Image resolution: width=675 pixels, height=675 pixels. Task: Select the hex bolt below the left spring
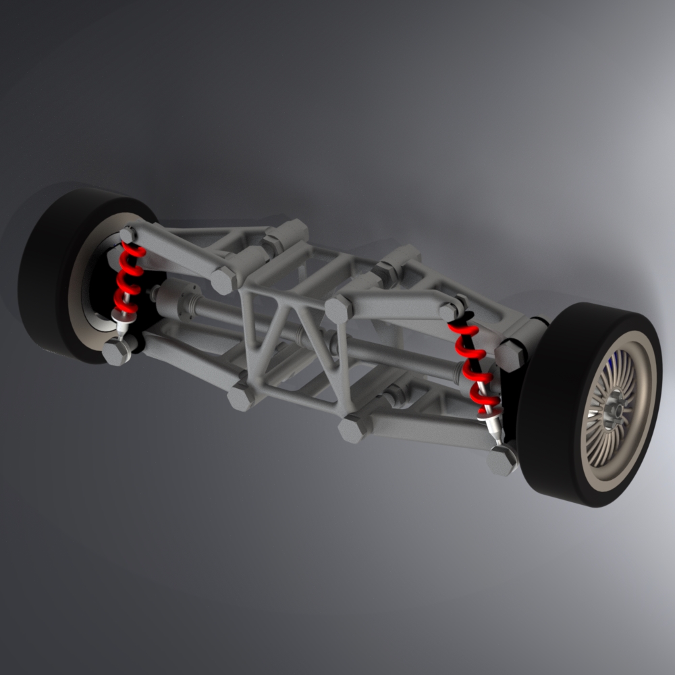point(117,351)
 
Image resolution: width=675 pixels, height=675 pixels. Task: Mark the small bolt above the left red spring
point(128,235)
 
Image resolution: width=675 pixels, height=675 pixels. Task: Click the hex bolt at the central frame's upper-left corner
point(225,279)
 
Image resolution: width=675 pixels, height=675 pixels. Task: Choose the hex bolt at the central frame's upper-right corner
point(338,308)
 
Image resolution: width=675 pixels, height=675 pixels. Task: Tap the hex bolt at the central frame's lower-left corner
point(241,397)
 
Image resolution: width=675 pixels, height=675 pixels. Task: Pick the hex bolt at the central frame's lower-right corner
point(352,428)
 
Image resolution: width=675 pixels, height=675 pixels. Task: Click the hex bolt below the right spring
point(503,460)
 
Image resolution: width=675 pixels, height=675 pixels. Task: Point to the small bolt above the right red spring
point(451,310)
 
